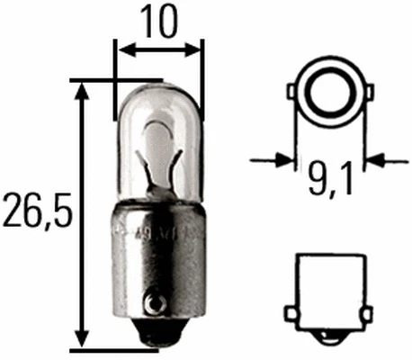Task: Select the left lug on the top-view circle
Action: coord(291,91)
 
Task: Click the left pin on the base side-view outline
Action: coord(291,311)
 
